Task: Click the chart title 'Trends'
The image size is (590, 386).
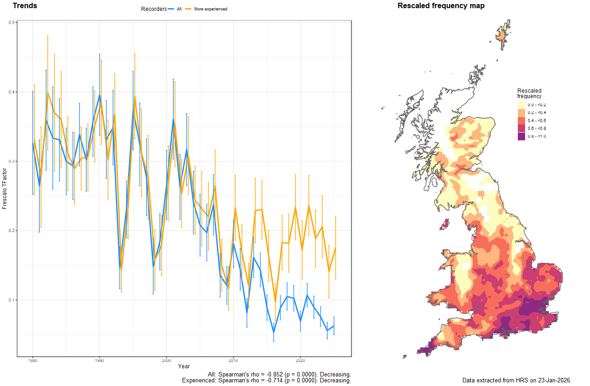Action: click(25, 6)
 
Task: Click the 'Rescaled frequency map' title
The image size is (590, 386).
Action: click(441, 6)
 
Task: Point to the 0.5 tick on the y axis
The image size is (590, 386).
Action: click(12, 23)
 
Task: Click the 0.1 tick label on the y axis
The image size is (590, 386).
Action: click(12, 300)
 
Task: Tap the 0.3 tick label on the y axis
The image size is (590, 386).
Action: click(12, 161)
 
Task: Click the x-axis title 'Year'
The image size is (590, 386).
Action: click(184, 366)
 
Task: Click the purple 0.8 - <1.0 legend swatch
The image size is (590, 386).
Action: click(521, 137)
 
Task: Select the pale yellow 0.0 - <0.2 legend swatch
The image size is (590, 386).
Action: click(521, 105)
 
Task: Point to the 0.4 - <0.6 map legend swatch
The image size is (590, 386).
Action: click(521, 121)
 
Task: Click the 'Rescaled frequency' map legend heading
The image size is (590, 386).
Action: click(529, 94)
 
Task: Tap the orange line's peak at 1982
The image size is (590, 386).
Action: click(48, 93)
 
